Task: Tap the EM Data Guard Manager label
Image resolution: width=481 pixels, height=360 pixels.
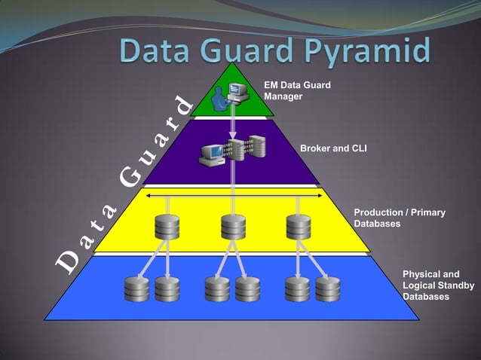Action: click(297, 91)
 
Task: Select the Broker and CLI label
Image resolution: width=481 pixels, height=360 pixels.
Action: click(333, 148)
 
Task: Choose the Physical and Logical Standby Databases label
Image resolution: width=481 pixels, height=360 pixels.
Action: click(438, 285)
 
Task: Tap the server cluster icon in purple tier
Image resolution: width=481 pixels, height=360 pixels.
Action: click(233, 150)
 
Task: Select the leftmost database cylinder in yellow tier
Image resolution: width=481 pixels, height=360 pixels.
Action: click(167, 226)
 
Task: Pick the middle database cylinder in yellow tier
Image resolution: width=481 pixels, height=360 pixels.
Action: click(233, 226)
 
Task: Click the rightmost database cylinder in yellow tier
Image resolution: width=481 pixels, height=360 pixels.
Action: click(299, 226)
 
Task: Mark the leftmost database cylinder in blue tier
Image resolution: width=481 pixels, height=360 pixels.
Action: click(136, 288)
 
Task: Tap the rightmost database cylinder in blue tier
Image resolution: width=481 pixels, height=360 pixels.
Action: click(328, 288)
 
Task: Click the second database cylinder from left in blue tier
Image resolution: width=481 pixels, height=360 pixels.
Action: click(167, 288)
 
